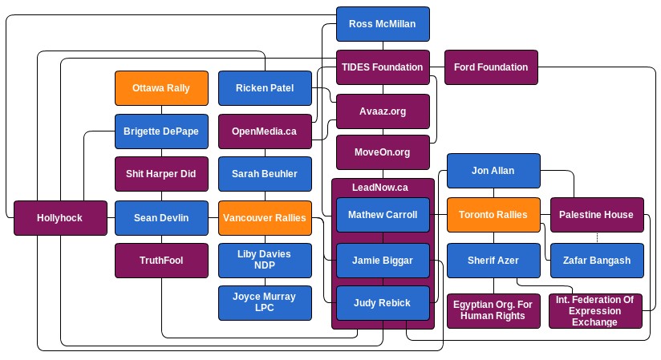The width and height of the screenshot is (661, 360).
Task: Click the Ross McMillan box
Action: [x=383, y=24]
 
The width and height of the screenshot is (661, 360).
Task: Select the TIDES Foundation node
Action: [x=383, y=67]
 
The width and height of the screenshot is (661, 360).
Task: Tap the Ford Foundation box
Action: [x=491, y=67]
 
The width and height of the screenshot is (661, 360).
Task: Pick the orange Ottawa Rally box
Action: [x=161, y=88]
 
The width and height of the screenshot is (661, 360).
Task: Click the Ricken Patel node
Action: [x=265, y=88]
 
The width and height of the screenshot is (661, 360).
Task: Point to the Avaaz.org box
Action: [x=383, y=111]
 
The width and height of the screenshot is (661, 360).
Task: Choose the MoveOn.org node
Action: [x=383, y=152]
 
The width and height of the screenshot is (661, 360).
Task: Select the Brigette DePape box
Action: [x=161, y=131]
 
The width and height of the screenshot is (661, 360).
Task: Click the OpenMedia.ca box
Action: [x=265, y=131]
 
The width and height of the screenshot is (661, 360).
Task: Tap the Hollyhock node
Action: [x=60, y=217]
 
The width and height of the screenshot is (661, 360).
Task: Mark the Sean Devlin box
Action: [x=161, y=217]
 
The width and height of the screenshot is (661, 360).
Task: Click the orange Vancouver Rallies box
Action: [x=265, y=217]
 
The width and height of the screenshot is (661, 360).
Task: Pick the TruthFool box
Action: [x=161, y=261]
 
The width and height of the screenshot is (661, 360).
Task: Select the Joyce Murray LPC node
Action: [x=265, y=302]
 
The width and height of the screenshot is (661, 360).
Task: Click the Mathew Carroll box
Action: [x=383, y=215]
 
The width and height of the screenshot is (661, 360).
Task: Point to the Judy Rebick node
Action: [x=383, y=303]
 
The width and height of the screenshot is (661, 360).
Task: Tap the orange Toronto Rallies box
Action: [x=493, y=215]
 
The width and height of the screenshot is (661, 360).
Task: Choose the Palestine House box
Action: [x=597, y=215]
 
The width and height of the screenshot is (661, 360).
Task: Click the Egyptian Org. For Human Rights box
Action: [x=493, y=309]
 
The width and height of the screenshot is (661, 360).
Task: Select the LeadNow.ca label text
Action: [x=380, y=188]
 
